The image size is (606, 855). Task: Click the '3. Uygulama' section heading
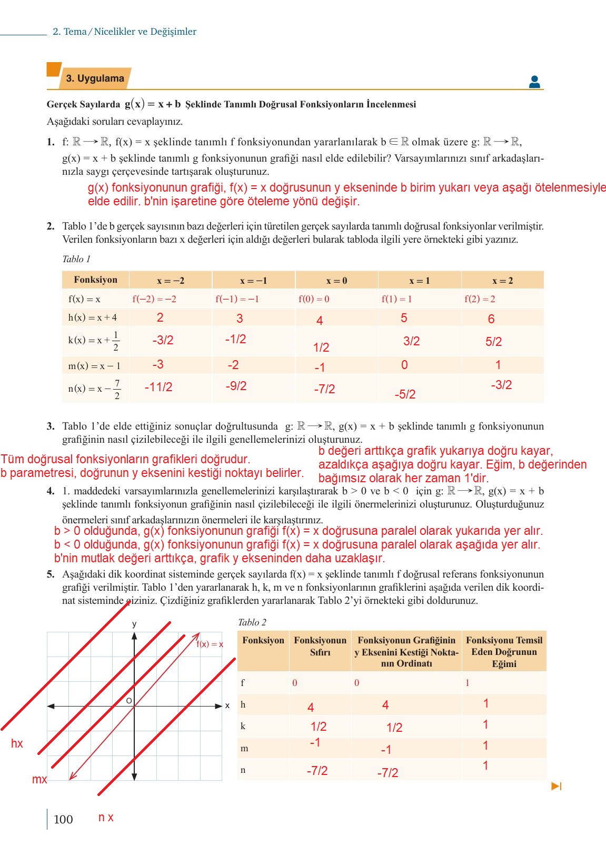coord(95,78)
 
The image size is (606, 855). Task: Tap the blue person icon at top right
coord(534,82)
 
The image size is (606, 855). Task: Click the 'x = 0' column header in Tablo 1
coord(336,281)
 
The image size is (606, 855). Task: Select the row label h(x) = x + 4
coord(93,317)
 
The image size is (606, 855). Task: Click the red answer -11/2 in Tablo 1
coord(158,387)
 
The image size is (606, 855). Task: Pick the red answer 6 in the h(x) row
coord(491,319)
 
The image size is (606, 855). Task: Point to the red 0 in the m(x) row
coord(404,365)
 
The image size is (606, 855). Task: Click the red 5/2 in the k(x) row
coord(493,342)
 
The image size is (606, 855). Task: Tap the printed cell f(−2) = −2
coord(154,299)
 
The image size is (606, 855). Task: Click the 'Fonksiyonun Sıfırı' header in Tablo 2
coord(320,646)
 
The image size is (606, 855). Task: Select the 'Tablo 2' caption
coord(252,622)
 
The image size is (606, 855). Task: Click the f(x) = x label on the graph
coord(210,644)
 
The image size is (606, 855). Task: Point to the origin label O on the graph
coord(128,701)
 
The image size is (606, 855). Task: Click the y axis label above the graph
coord(134,624)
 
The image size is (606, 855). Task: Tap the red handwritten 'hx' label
coord(17,743)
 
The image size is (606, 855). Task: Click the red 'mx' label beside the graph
coord(39,779)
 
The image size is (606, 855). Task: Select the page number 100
coord(63,819)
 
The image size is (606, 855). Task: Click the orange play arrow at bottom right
coord(557,786)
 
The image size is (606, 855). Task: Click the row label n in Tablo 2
coord(243,770)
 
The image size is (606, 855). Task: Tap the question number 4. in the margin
coord(51,491)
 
